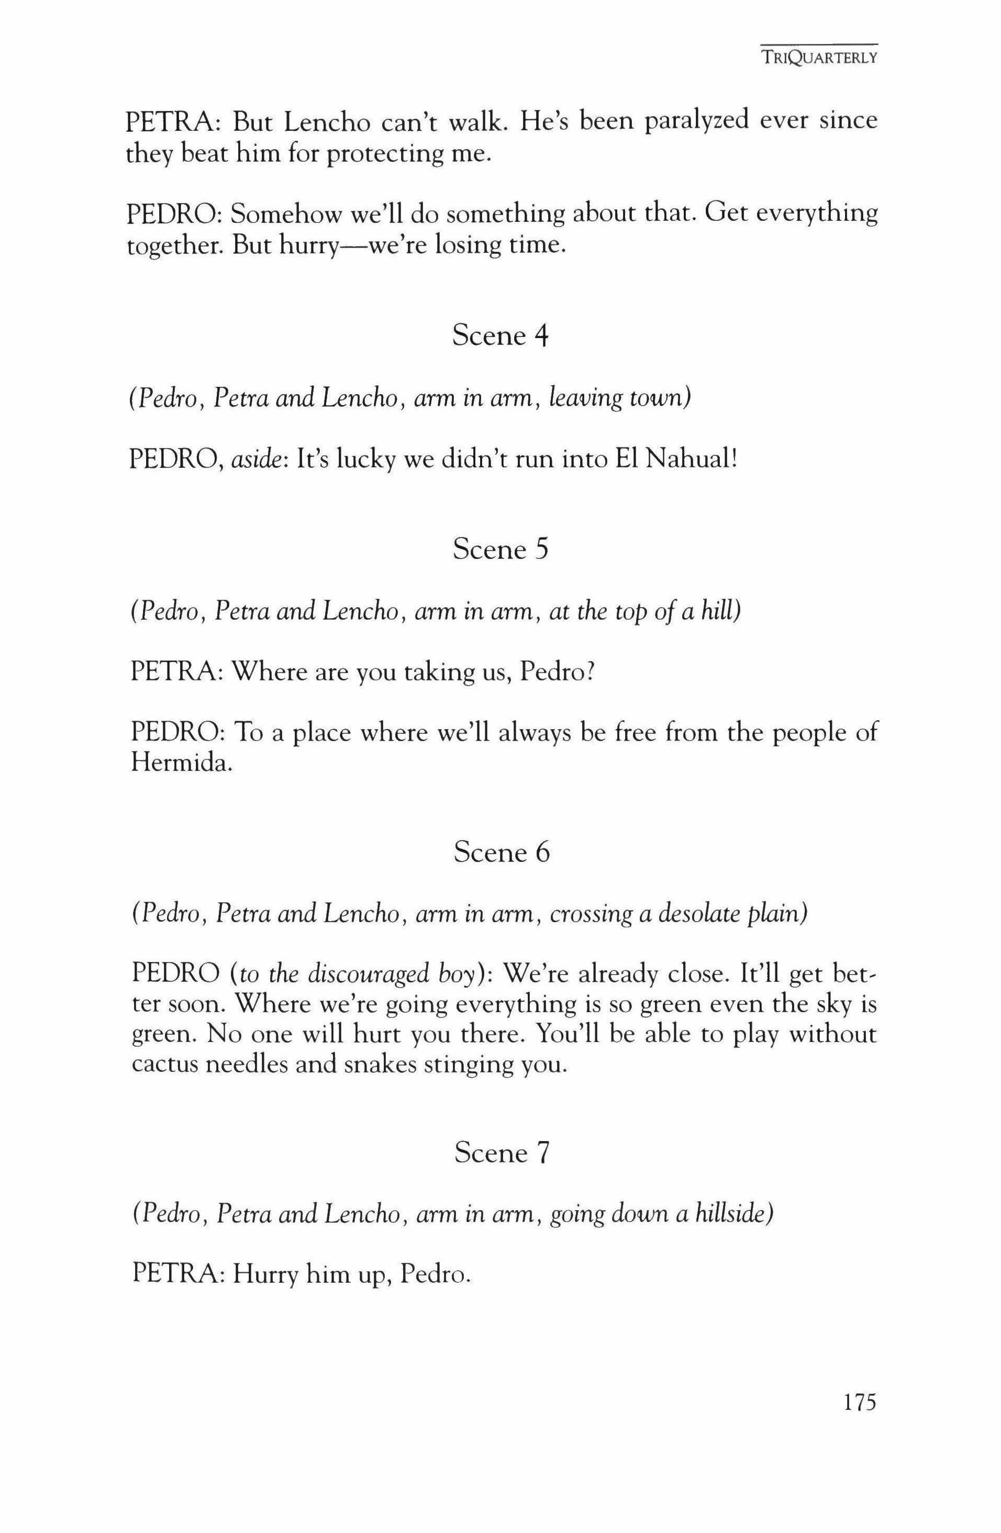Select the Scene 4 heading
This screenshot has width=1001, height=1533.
point(500,335)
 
